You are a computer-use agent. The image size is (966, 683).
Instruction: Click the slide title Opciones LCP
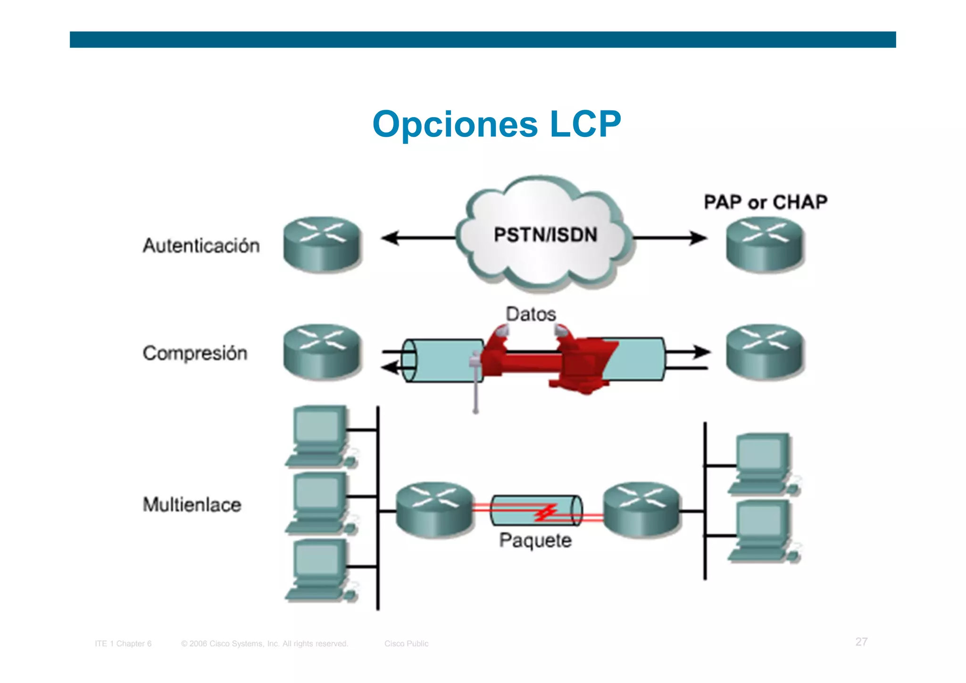(x=496, y=124)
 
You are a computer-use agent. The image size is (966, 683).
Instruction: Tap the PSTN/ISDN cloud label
(x=545, y=235)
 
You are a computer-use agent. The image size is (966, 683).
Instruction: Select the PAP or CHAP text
(x=765, y=202)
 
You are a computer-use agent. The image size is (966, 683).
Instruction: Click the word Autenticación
(x=201, y=245)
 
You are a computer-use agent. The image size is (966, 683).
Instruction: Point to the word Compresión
(x=195, y=353)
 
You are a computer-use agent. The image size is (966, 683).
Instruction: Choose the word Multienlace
(x=192, y=505)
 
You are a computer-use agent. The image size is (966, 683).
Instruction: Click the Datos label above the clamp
(x=531, y=314)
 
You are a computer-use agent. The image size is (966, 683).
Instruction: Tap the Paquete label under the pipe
(x=535, y=540)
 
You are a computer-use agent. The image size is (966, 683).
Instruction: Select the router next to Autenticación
(x=322, y=244)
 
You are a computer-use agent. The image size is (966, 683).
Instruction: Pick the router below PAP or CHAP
(x=764, y=244)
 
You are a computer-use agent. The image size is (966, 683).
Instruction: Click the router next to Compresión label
(x=322, y=351)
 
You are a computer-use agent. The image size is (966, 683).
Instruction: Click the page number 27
(x=861, y=641)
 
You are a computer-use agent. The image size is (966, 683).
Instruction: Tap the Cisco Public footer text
(x=406, y=643)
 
